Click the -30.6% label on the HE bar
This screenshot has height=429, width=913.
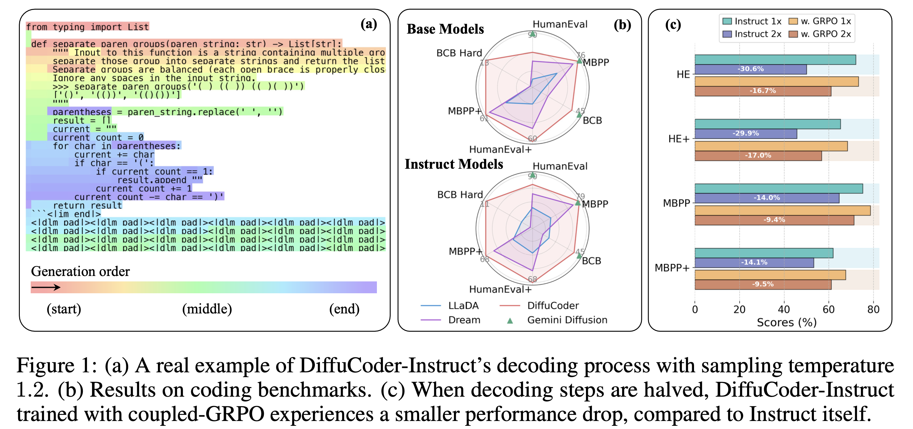[x=750, y=69]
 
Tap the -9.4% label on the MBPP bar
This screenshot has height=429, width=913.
[x=774, y=220]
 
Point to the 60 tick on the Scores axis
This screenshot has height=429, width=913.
[x=828, y=309]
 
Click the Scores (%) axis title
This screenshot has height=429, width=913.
[x=786, y=322]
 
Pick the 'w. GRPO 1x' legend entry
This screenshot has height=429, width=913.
[x=819, y=21]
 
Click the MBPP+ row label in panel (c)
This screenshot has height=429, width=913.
[x=672, y=268]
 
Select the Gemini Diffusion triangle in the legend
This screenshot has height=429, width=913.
[x=510, y=321]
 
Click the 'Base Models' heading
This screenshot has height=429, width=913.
[x=445, y=29]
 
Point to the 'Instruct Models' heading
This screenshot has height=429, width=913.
[x=454, y=164]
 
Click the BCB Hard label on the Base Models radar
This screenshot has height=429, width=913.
[x=459, y=53]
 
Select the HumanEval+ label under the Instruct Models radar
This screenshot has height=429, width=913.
[x=500, y=289]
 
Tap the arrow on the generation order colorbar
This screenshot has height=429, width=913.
[x=46, y=287]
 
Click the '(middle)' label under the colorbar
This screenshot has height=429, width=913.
[x=207, y=309]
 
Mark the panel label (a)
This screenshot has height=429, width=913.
[x=369, y=24]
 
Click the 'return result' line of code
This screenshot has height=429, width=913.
[x=87, y=206]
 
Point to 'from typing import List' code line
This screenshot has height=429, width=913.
[x=87, y=27]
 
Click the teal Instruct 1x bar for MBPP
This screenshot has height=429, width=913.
[x=778, y=189]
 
